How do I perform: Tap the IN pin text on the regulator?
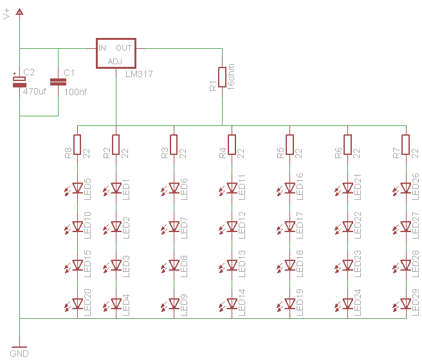[102, 48]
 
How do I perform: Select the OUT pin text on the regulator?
[124, 48]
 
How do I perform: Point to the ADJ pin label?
[115, 60]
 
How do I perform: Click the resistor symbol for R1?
[222, 77]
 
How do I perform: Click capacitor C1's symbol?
[58, 82]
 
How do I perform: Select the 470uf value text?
[35, 92]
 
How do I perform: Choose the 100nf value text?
[76, 92]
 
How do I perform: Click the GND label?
[19, 354]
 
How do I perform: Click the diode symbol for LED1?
[116, 188]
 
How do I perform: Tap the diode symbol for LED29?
[405, 304]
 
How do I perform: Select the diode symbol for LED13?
[232, 265]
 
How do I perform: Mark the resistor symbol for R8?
[77, 145]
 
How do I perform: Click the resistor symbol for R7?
[405, 145]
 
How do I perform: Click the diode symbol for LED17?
[289, 227]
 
